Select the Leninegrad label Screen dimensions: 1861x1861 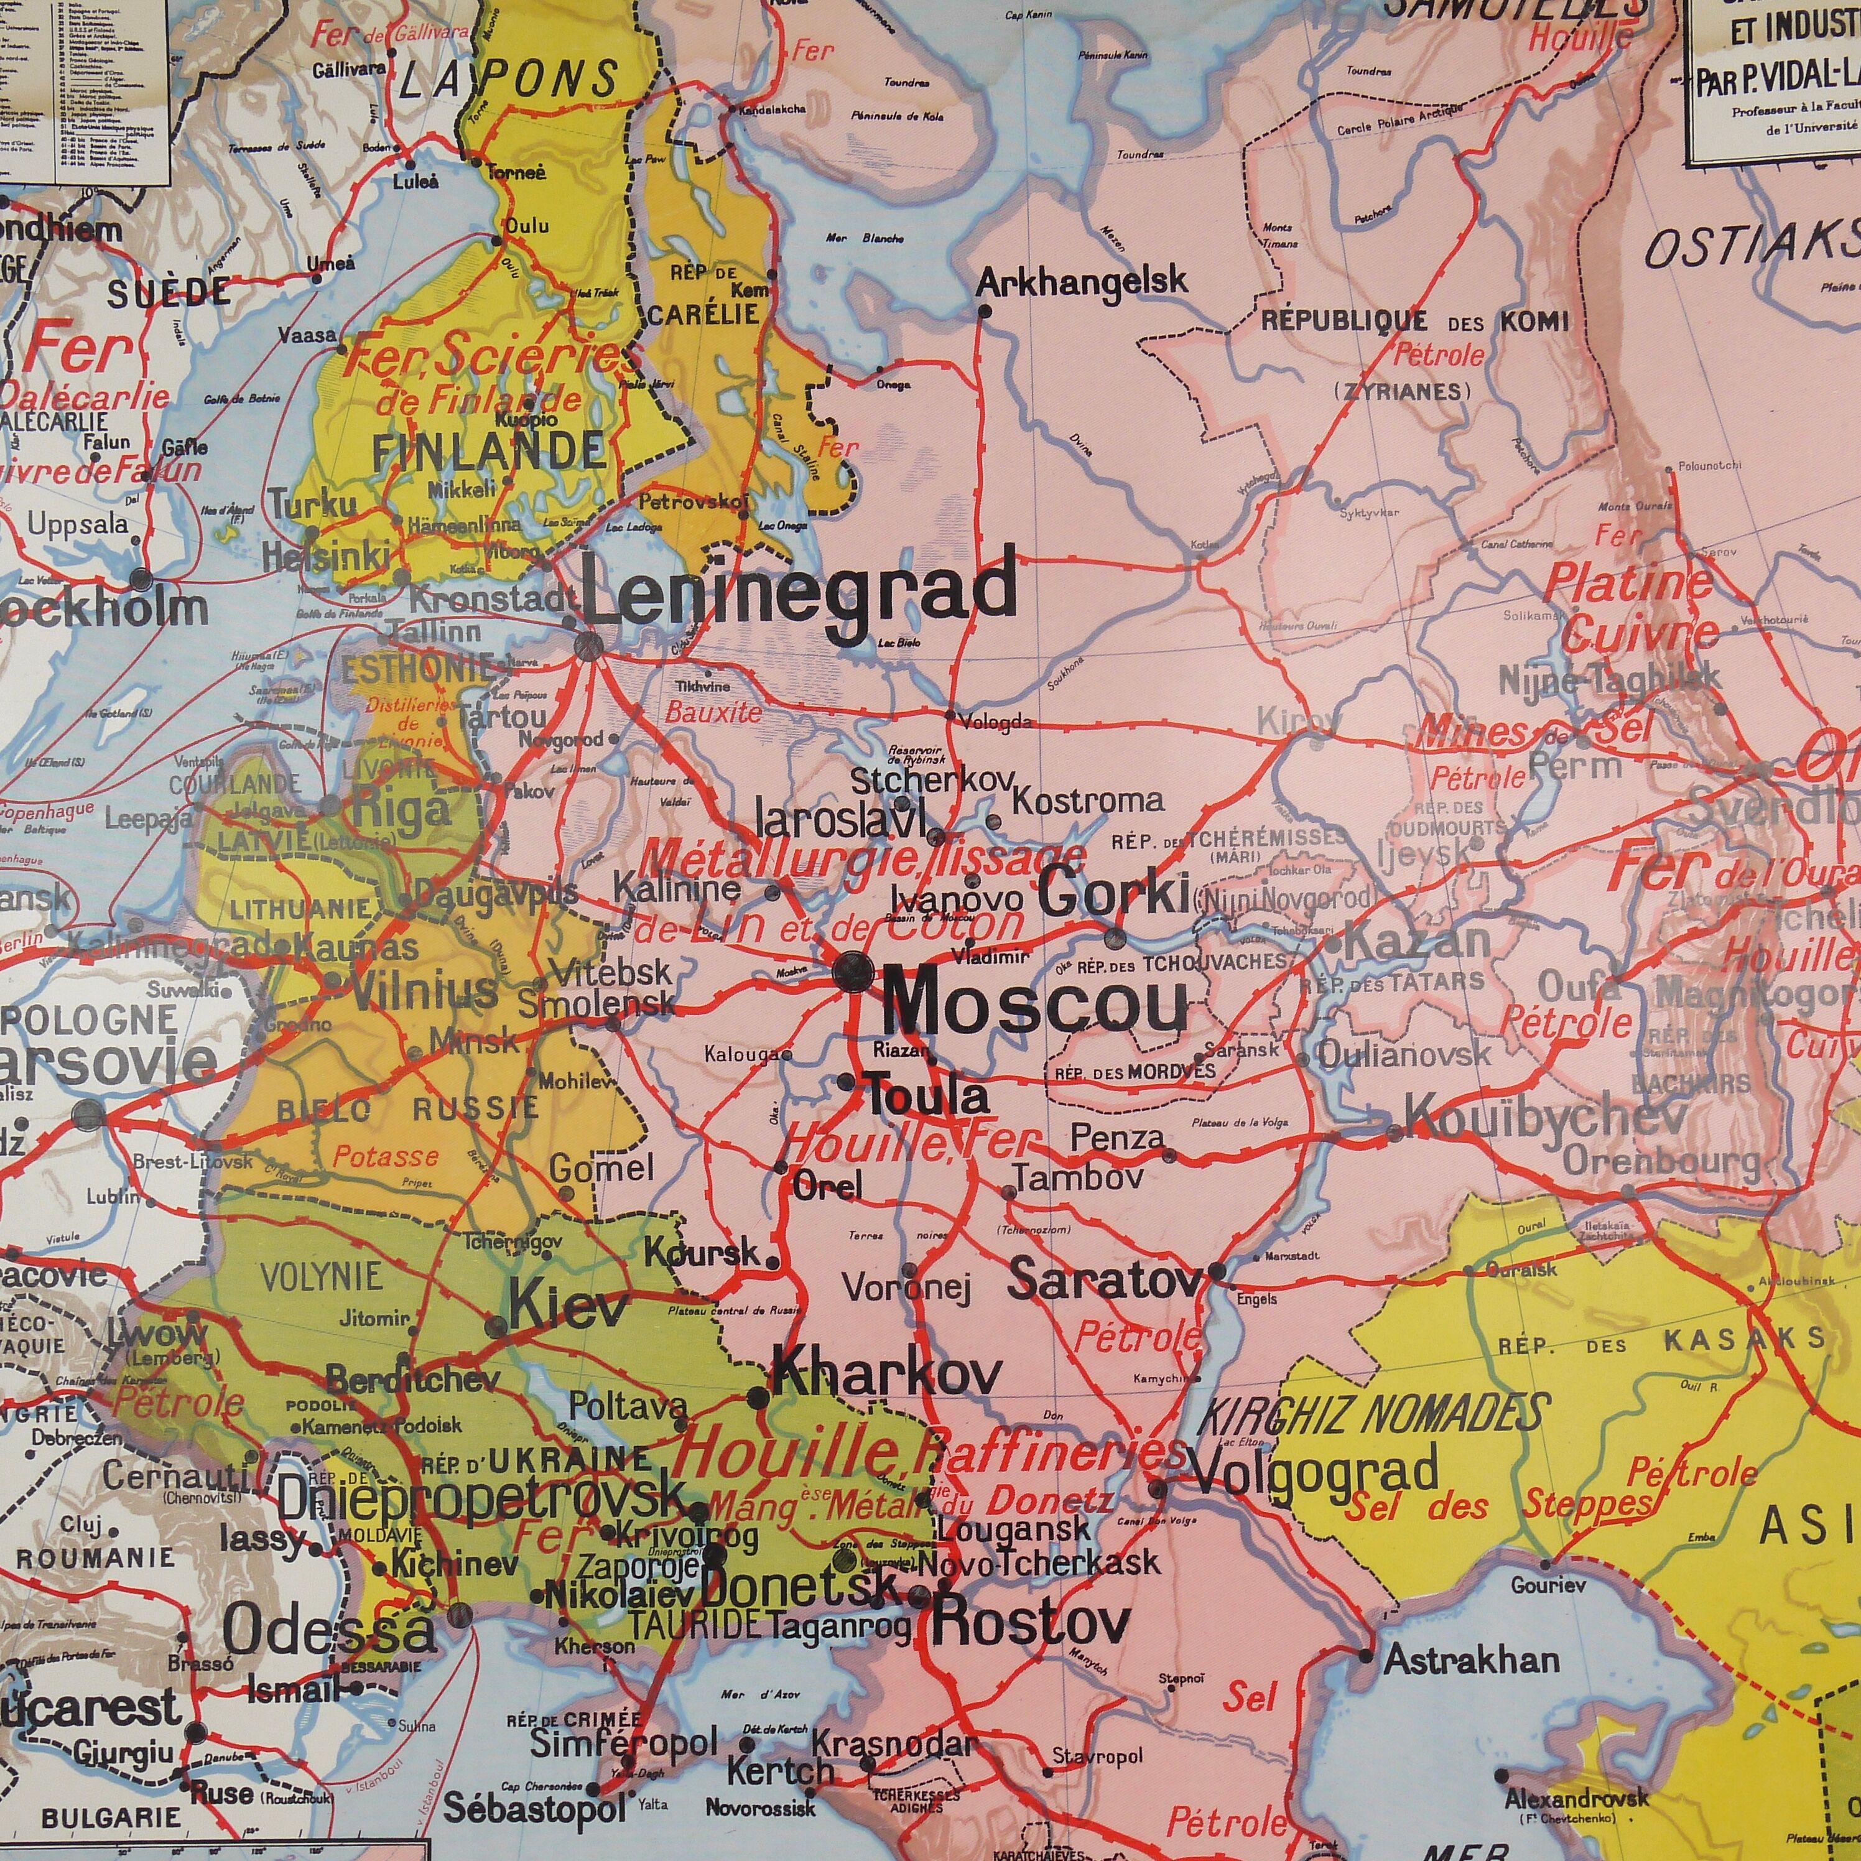[799, 595]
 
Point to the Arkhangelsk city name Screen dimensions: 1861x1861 [1082, 282]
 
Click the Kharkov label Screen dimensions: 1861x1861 [886, 1373]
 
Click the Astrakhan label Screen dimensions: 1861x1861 [1472, 1659]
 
